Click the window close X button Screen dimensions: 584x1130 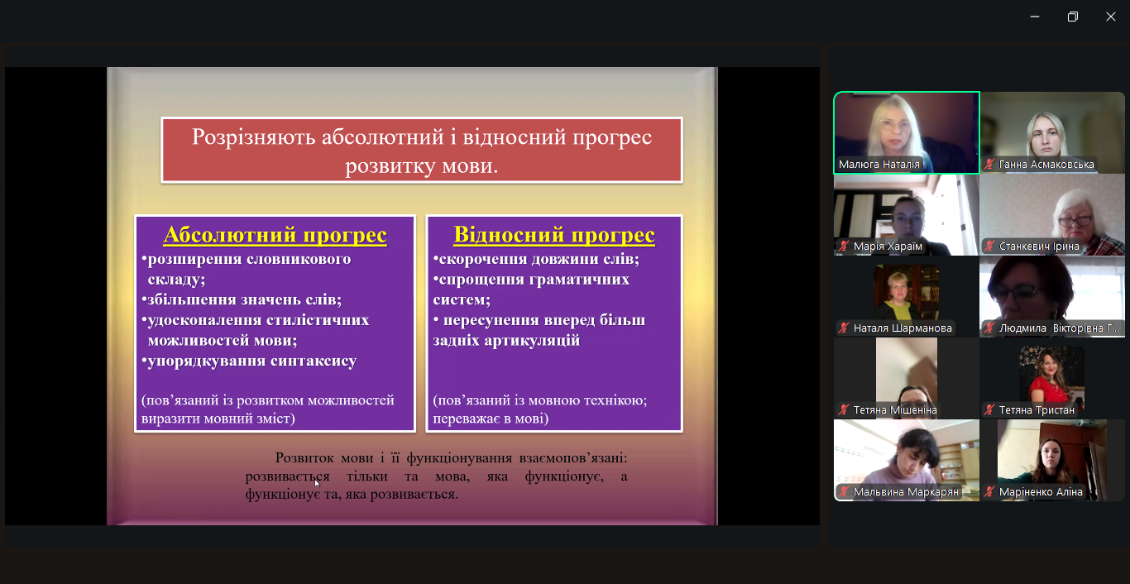[x=1111, y=17]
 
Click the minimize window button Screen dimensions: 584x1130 [x=1035, y=17]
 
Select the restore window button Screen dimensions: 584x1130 [x=1073, y=17]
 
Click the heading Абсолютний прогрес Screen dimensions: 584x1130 [x=275, y=236]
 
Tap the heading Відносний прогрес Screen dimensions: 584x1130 [x=554, y=236]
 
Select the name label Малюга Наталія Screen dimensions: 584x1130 [x=879, y=165]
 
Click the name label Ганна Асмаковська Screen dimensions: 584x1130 [x=1046, y=165]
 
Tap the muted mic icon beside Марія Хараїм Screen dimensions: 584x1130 [x=844, y=247]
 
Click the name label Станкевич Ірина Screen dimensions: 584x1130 [x=1039, y=247]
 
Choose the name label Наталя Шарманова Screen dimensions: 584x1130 [x=903, y=328]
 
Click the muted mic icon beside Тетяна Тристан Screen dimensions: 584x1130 [x=989, y=410]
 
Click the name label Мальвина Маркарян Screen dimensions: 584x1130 [x=906, y=492]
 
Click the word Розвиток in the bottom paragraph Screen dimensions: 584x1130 [x=305, y=457]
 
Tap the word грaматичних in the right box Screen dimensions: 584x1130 [x=575, y=280]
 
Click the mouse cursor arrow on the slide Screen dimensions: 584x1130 [x=317, y=483]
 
